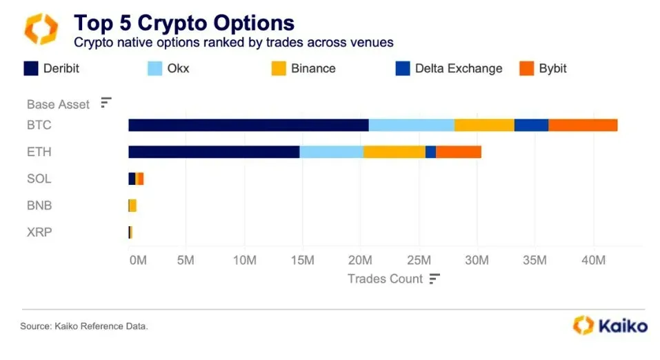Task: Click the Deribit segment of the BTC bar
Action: click(x=248, y=125)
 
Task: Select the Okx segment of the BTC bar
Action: click(x=411, y=125)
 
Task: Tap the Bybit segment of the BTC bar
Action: click(x=583, y=125)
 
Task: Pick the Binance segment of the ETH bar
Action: click(x=394, y=152)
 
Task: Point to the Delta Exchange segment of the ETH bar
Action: click(x=430, y=152)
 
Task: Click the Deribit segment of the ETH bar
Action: click(x=214, y=152)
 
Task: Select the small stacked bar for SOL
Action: click(x=136, y=179)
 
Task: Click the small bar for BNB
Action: click(x=132, y=206)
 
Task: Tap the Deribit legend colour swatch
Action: click(x=31, y=68)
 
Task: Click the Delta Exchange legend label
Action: click(x=458, y=68)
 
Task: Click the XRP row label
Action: click(x=39, y=232)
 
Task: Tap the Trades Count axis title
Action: click(x=385, y=279)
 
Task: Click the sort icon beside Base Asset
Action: click(x=106, y=103)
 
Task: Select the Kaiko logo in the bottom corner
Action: click(x=610, y=325)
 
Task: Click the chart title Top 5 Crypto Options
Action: click(x=184, y=23)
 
